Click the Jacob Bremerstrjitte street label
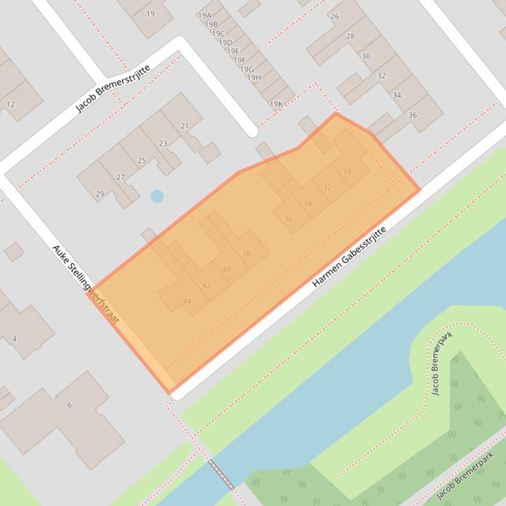(x=113, y=89)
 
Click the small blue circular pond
(x=157, y=196)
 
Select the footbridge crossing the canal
(x=221, y=474)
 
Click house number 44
(x=187, y=302)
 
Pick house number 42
(x=206, y=285)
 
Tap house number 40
(x=226, y=269)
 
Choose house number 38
(x=246, y=253)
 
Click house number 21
(x=184, y=126)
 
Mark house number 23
(x=163, y=143)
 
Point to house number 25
(x=141, y=160)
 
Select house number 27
(x=120, y=177)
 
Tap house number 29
(x=100, y=194)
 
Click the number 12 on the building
(x=11, y=104)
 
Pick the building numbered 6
(x=69, y=405)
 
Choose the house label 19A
(x=204, y=15)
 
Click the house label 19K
(x=276, y=104)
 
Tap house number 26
(x=335, y=16)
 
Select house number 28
(x=350, y=36)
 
